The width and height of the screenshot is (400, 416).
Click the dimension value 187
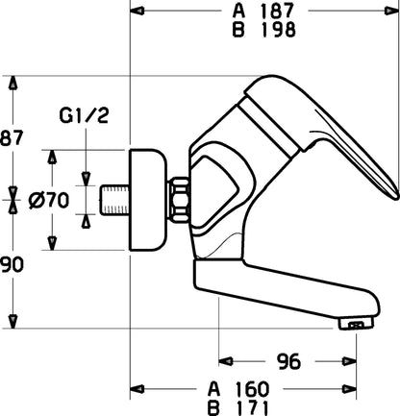coord(277,11)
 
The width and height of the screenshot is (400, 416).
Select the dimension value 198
coord(278,30)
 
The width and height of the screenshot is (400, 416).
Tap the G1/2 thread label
coord(84,115)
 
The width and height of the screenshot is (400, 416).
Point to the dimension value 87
coord(12,138)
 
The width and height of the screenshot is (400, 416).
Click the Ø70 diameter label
coord(49,201)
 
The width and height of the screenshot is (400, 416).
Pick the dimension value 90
coord(12,264)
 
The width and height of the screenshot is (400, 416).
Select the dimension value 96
coord(288,361)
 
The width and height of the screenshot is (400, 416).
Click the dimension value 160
coord(252,389)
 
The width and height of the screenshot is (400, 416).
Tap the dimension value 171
coord(251,408)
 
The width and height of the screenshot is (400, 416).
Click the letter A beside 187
coord(238,11)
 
